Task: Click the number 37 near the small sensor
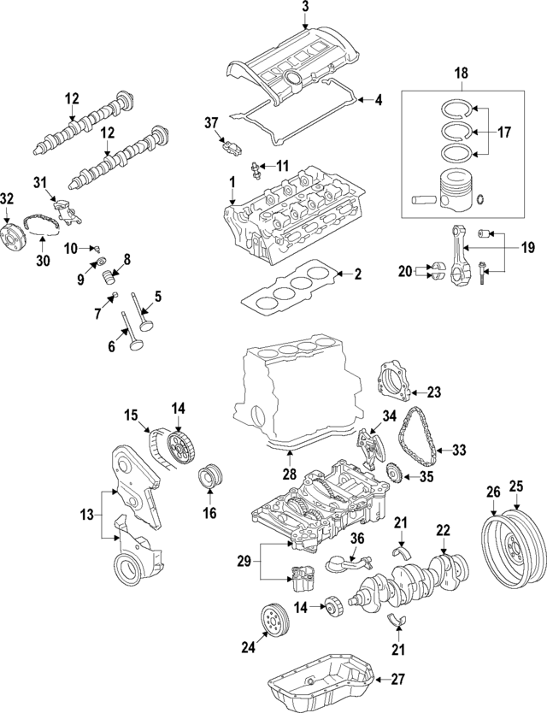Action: coord(211,124)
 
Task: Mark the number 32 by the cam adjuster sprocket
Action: coord(8,198)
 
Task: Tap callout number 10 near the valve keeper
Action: coord(72,248)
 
